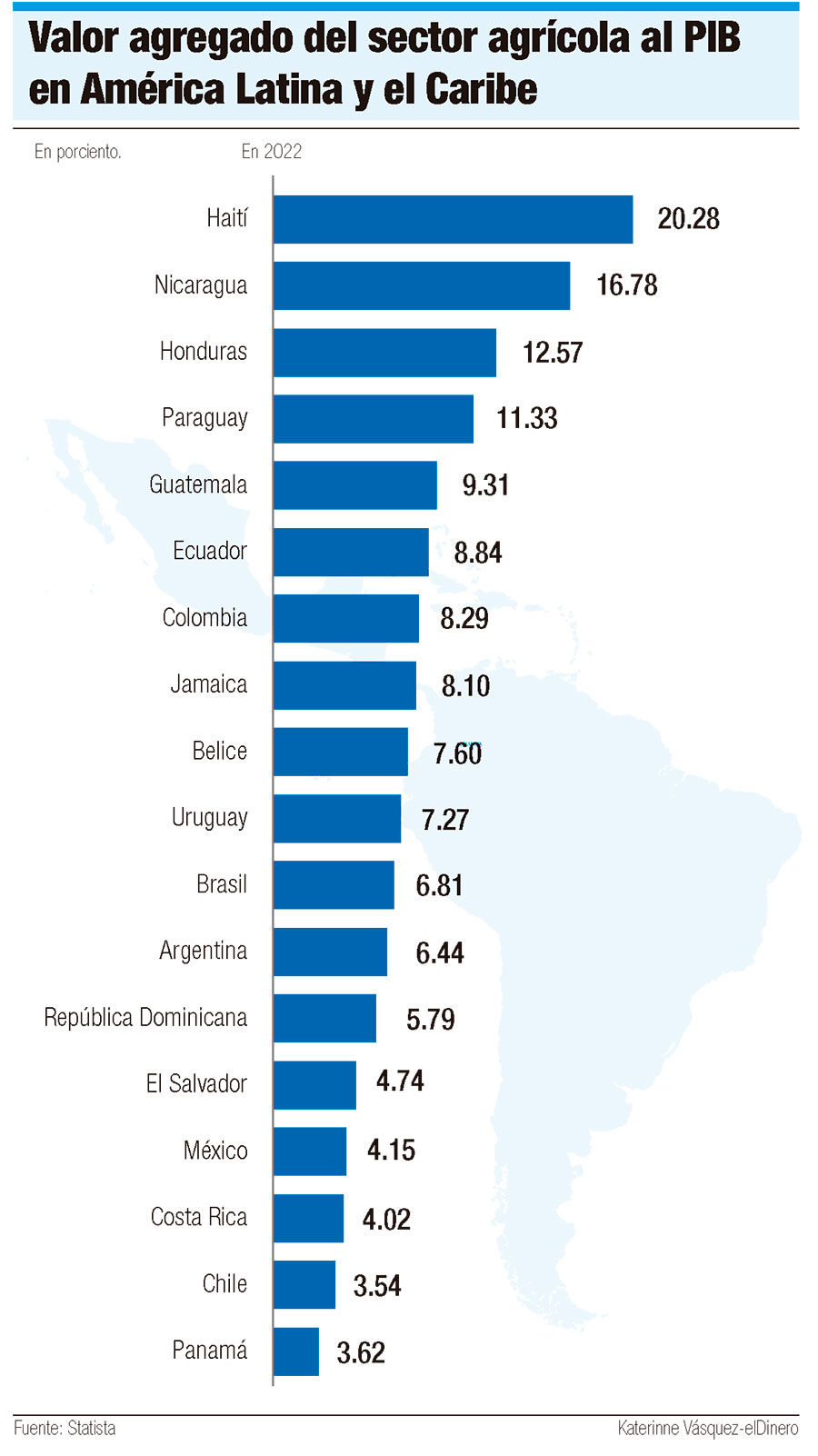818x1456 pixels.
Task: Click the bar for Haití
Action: (x=453, y=220)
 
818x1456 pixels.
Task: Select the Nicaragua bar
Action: (x=422, y=286)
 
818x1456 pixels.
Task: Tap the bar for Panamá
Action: (x=296, y=1351)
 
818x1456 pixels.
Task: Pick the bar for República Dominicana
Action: (x=324, y=1018)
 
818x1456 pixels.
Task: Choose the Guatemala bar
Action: (x=355, y=485)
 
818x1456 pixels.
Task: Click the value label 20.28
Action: (x=688, y=219)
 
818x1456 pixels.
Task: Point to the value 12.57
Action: (x=553, y=353)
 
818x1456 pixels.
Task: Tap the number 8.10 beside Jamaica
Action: (x=465, y=686)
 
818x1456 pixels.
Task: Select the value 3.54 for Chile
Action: (x=377, y=1286)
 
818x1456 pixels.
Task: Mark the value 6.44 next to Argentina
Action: (x=440, y=952)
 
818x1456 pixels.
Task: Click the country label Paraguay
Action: (x=204, y=418)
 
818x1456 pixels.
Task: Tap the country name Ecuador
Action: (x=210, y=551)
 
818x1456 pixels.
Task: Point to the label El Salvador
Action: (x=196, y=1083)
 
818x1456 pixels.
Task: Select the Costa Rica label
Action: (x=199, y=1217)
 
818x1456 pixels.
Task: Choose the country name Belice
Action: (x=220, y=751)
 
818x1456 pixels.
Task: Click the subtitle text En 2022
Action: (x=272, y=152)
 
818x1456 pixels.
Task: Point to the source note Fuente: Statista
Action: (x=65, y=1428)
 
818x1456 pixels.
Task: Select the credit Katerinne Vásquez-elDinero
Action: (x=707, y=1428)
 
